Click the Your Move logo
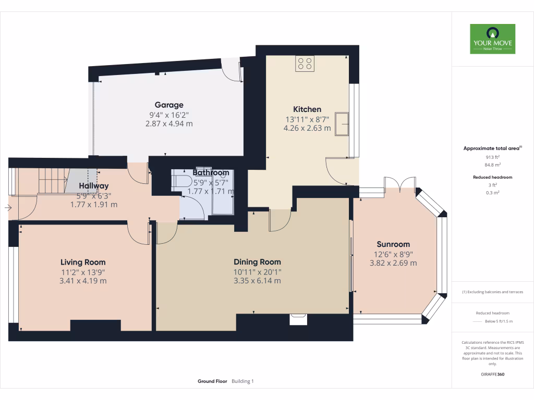point(492,39)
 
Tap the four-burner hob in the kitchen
point(305,64)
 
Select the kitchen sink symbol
point(342,123)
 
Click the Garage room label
point(169,105)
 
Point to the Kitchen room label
point(307,109)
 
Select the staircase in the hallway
point(52,180)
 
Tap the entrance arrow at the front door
point(7,208)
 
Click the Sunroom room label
point(393,244)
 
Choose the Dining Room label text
point(257,262)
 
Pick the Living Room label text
point(83,262)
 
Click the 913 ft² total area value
point(492,157)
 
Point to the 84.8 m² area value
point(492,165)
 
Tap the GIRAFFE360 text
point(492,374)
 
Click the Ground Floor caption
point(212,381)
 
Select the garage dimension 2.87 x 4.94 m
point(169,124)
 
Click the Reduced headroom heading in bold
point(492,177)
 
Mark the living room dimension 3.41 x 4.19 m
point(83,281)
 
